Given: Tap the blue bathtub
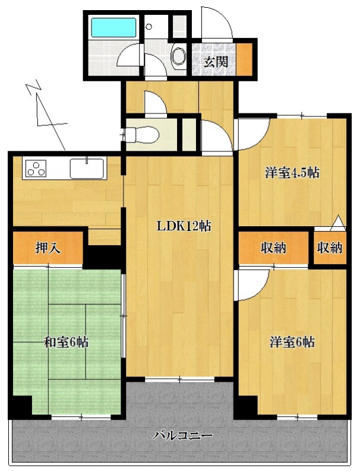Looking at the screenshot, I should tap(113, 27).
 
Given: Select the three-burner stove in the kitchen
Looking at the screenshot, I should tap(36, 169).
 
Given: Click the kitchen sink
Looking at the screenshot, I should tap(87, 168).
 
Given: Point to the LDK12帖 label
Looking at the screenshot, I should tap(184, 226).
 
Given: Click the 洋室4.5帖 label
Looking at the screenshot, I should tap(292, 173).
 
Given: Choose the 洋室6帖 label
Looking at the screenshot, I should tap(292, 342).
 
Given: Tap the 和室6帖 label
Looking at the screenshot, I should tap(67, 342).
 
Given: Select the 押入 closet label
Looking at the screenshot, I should tap(48, 248).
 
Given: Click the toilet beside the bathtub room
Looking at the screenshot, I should tap(178, 56).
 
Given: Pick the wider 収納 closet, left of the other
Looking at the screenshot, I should tap(273, 248).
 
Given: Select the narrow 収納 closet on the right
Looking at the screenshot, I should tap(330, 248).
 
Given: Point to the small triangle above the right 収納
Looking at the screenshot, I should tap(338, 223).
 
